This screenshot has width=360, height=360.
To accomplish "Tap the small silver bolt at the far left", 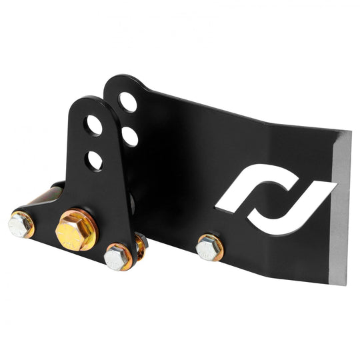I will pos(20,225).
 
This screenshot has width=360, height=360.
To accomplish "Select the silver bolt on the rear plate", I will pos(208,247).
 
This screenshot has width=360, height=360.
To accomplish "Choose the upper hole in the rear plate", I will pos(127,102).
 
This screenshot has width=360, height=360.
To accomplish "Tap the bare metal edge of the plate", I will pos(341,207).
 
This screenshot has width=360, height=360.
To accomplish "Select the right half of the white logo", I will pos(300,193).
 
